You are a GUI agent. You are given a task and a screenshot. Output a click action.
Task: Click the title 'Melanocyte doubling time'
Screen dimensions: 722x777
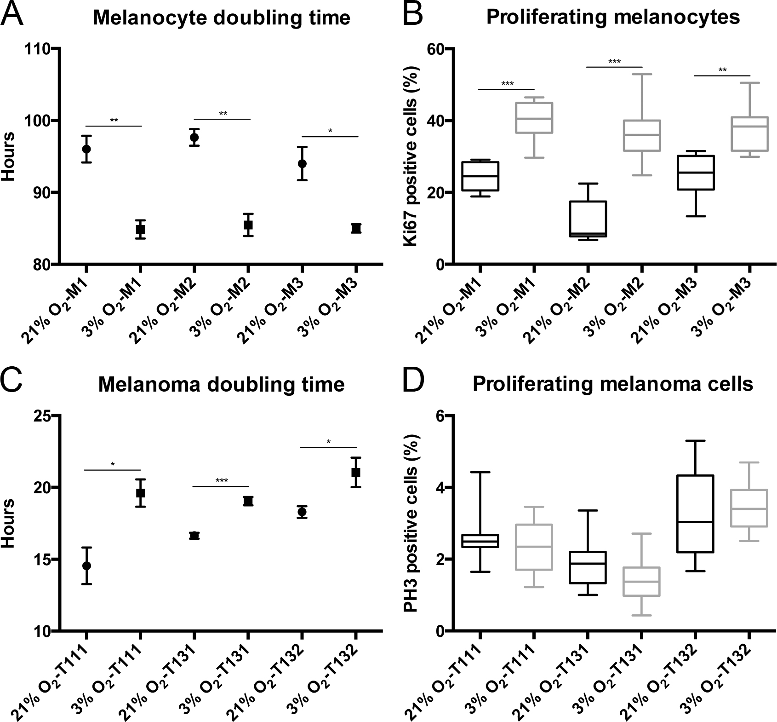click(x=222, y=18)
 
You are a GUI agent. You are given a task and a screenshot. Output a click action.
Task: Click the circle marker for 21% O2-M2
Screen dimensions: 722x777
click(x=194, y=137)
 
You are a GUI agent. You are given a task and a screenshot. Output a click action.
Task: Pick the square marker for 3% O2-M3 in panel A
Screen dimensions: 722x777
click(x=356, y=228)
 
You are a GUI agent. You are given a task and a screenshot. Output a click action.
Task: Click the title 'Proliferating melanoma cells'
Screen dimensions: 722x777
click(x=613, y=384)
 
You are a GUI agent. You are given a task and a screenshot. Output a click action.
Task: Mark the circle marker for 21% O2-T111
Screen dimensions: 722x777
click(x=86, y=566)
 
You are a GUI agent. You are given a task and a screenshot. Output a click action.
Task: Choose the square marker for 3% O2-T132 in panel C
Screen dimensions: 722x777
click(x=355, y=472)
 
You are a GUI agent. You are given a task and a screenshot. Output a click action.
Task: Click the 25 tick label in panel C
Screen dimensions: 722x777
click(x=44, y=416)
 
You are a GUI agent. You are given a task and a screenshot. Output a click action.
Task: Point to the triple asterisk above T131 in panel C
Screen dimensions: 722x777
click(x=222, y=481)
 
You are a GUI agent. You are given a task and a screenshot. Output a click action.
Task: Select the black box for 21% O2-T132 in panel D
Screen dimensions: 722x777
click(x=696, y=514)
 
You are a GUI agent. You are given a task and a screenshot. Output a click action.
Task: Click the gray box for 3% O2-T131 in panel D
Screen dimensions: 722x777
click(x=642, y=582)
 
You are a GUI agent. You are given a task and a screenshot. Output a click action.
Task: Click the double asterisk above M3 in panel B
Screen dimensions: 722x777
click(x=722, y=70)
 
